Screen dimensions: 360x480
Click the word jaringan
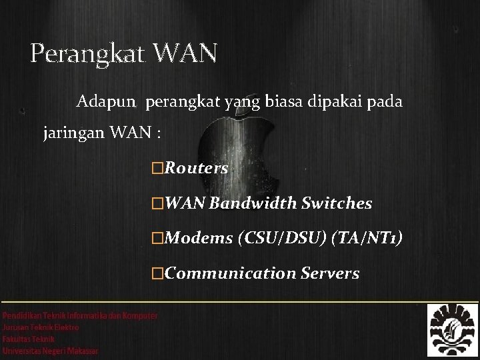(x=71, y=133)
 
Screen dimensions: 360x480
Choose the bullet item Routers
(x=196, y=169)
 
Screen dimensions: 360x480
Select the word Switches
(x=337, y=203)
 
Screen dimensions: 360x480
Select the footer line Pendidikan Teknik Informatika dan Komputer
(x=80, y=315)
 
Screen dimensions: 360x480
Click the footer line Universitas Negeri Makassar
(x=51, y=351)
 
